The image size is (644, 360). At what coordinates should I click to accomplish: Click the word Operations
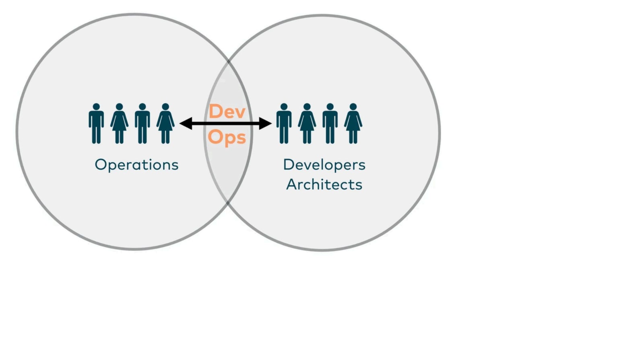(136, 165)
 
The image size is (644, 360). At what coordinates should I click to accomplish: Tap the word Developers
(324, 165)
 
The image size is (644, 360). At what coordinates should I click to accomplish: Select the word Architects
(324, 184)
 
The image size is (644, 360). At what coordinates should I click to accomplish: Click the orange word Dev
(227, 112)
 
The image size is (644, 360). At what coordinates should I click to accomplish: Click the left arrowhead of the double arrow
(185, 124)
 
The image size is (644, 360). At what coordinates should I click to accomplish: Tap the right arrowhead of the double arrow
(266, 124)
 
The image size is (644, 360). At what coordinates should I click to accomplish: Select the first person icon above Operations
(96, 124)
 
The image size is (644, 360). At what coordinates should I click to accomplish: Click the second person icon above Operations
(119, 124)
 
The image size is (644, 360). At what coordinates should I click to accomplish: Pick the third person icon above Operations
(142, 124)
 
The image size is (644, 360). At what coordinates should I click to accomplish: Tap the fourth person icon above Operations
(165, 124)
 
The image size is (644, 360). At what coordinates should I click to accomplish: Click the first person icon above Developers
(284, 124)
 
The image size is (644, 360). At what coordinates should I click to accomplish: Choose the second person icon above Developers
(307, 124)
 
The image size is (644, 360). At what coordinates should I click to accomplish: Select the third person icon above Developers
(330, 124)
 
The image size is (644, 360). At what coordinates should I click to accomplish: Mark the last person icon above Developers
(353, 124)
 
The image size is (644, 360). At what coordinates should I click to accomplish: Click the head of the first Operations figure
(96, 107)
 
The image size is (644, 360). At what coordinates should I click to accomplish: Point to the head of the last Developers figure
(353, 107)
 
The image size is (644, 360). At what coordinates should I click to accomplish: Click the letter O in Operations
(100, 164)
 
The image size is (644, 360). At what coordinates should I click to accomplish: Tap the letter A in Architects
(291, 184)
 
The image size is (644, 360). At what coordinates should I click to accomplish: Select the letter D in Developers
(288, 164)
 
